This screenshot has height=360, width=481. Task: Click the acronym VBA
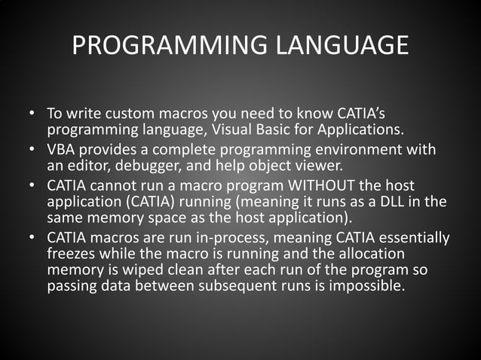coord(62,150)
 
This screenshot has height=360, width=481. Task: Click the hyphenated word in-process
coord(245,237)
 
